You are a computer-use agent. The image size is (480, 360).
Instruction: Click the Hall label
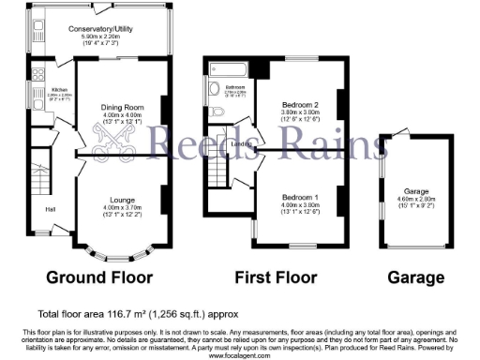(49, 208)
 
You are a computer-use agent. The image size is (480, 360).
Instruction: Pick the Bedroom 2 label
(302, 104)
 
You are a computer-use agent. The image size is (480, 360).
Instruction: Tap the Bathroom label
(233, 86)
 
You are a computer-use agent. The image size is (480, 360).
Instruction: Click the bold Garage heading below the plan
(416, 278)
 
